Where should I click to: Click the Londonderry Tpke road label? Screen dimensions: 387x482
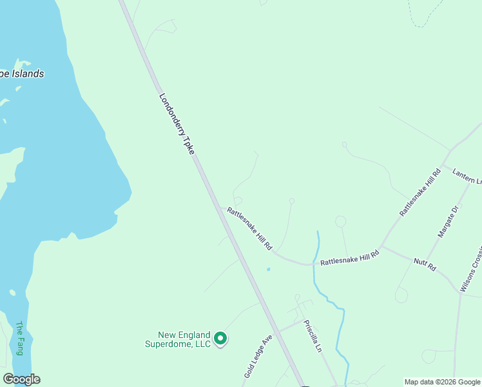tap(177, 124)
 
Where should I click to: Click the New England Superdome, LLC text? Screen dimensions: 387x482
tap(185, 339)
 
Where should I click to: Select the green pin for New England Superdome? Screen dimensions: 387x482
tap(220, 338)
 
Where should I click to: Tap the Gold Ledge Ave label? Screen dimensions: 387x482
tap(259, 356)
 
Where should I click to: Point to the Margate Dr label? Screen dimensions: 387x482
tap(448, 222)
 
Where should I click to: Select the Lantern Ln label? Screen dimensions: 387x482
tap(467, 175)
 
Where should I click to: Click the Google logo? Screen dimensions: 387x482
tap(21, 379)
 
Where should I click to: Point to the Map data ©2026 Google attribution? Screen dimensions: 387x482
tap(442, 382)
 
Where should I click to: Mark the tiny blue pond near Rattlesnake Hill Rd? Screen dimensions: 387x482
tap(269, 270)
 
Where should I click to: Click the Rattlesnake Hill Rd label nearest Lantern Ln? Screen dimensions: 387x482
tap(419, 192)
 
